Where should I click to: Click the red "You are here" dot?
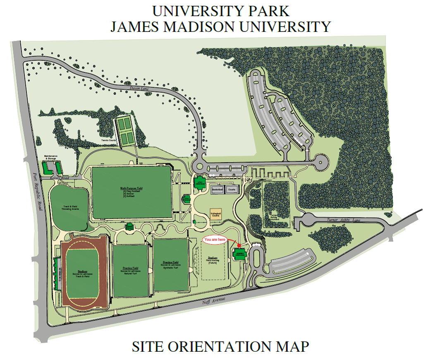pos(239,245)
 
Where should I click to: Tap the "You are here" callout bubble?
pos(215,240)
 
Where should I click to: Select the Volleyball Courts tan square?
pos(215,214)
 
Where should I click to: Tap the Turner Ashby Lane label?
pos(344,220)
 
